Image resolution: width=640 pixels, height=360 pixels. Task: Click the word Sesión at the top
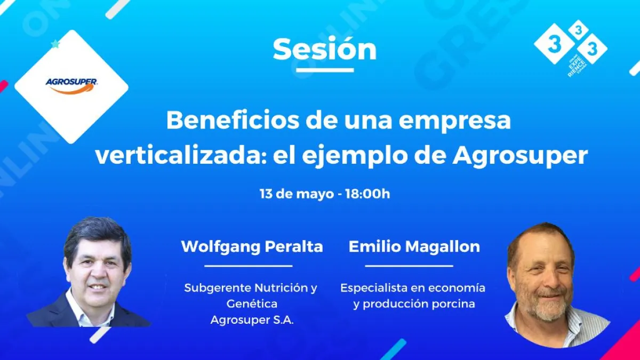tap(325, 50)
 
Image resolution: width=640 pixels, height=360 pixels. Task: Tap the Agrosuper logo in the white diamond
tap(71, 86)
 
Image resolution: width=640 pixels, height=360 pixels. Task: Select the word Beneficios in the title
tap(233, 121)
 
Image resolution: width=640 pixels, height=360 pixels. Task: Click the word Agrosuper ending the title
tap(521, 158)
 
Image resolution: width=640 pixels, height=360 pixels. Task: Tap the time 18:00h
tap(367, 194)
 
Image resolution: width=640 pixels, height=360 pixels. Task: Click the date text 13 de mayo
tap(297, 194)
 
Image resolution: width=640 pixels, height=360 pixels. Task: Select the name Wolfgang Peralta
tap(252, 246)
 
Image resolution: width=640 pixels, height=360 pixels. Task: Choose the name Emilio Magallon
tap(414, 246)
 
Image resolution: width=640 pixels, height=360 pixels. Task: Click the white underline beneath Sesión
tap(325, 70)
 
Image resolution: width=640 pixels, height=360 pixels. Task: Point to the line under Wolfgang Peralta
tap(249, 266)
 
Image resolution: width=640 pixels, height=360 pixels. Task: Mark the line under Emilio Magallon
tap(409, 266)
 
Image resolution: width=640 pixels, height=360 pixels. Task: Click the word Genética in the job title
tap(252, 303)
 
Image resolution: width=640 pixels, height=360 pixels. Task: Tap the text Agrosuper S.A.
tap(252, 320)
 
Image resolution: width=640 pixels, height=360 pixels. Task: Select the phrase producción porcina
tap(419, 304)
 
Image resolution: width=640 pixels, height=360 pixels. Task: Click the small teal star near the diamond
tap(55, 44)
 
